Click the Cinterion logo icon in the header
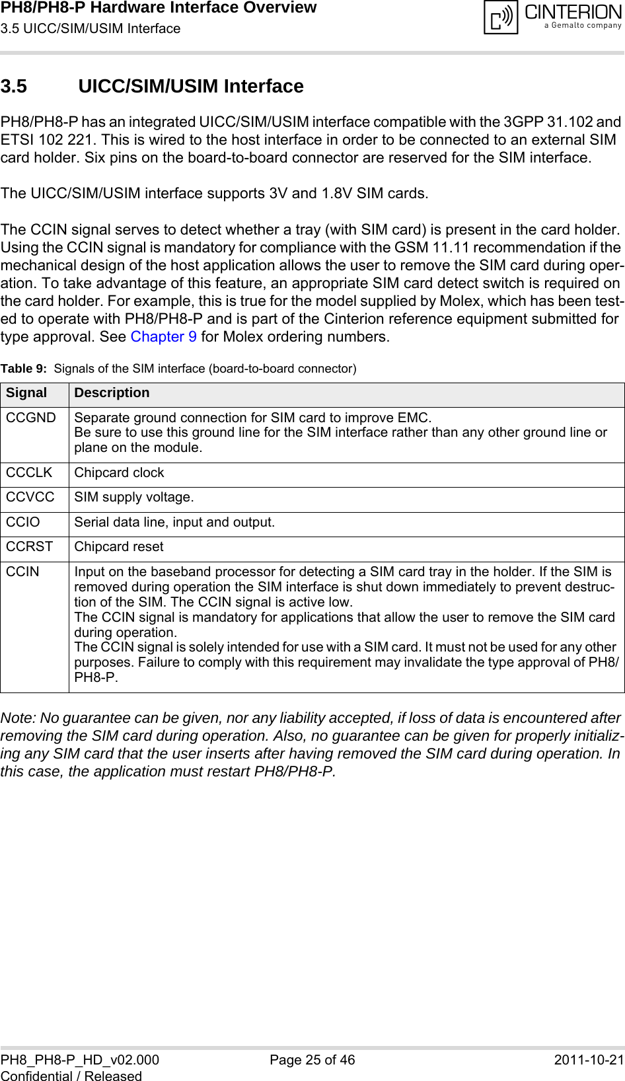(501, 18)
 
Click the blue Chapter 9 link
(163, 337)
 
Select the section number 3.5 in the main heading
(14, 87)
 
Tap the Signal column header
(27, 393)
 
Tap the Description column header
(112, 393)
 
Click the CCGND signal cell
(31, 418)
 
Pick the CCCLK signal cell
(29, 473)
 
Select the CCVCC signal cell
(30, 498)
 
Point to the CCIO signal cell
(23, 523)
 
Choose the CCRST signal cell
(30, 547)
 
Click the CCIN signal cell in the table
(23, 572)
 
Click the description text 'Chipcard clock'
(119, 473)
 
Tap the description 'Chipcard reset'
(119, 547)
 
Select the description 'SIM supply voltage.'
(134, 498)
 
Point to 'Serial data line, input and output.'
(174, 523)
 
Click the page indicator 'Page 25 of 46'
(312, 1060)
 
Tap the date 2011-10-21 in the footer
(589, 1060)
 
